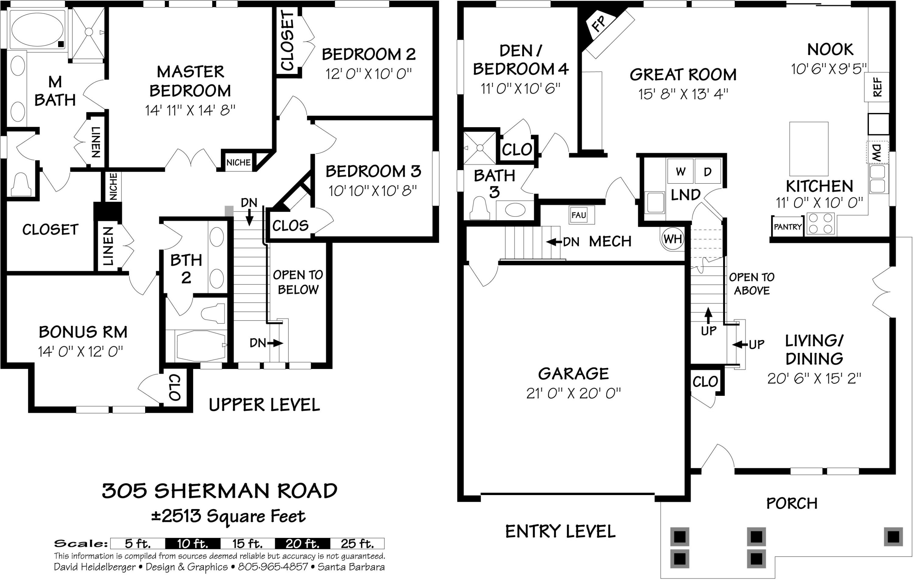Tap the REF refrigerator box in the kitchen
coord(876,87)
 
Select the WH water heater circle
coord(673,239)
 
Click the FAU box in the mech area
coord(579,215)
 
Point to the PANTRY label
coord(788,227)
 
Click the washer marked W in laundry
coord(680,172)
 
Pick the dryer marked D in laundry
coord(708,172)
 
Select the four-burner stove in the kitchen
coord(820,224)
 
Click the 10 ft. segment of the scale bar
coord(193,543)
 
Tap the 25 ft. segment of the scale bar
coord(357,543)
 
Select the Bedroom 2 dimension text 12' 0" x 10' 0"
coord(369,74)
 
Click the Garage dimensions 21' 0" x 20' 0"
coord(573,393)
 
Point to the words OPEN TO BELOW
coord(298,282)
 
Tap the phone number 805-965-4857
coord(273,567)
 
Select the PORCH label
coord(792,503)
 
